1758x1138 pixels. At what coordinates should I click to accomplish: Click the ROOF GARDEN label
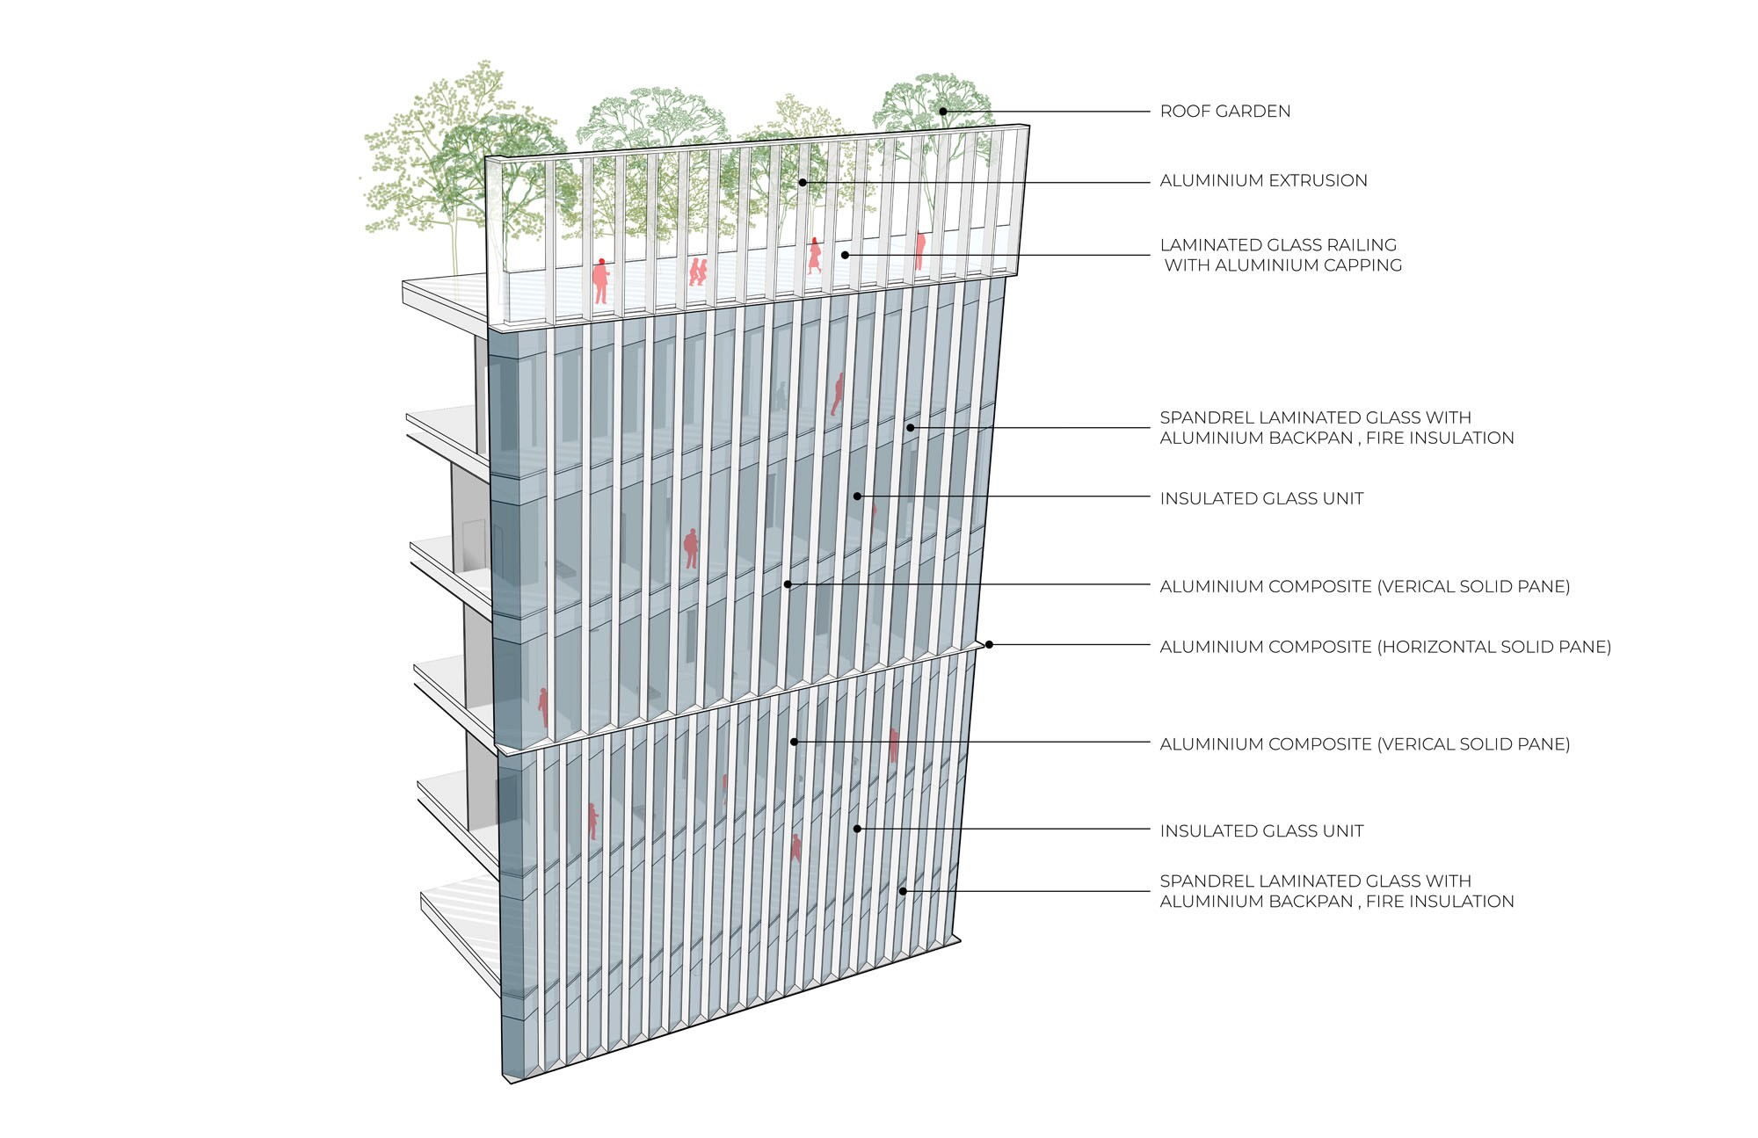pyautogui.click(x=1224, y=112)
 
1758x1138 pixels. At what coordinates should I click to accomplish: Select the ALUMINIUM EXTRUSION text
pyautogui.click(x=1263, y=181)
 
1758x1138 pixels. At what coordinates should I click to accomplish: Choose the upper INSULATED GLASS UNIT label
pyautogui.click(x=1261, y=499)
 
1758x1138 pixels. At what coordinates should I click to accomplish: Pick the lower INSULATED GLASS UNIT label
pyautogui.click(x=1261, y=831)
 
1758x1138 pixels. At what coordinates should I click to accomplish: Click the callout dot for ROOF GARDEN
pyautogui.click(x=942, y=112)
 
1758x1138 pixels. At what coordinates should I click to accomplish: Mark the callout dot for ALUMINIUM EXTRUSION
pyautogui.click(x=803, y=183)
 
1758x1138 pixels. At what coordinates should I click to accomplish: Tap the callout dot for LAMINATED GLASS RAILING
pyautogui.click(x=845, y=256)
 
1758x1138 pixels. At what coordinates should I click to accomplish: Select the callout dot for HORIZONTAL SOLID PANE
pyautogui.click(x=989, y=645)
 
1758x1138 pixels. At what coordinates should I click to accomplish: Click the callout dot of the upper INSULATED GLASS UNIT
pyautogui.click(x=857, y=497)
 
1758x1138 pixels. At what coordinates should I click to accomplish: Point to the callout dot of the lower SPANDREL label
pyautogui.click(x=902, y=892)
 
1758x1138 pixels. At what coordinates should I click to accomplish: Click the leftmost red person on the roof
pyautogui.click(x=600, y=280)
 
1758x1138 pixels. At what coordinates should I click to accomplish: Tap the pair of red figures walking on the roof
pyautogui.click(x=698, y=271)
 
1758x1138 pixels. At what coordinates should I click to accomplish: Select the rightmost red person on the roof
pyautogui.click(x=919, y=250)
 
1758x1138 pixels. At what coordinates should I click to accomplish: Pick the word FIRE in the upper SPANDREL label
pyautogui.click(x=1384, y=439)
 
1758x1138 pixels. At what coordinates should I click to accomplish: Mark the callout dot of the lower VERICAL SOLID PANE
pyautogui.click(x=794, y=743)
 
